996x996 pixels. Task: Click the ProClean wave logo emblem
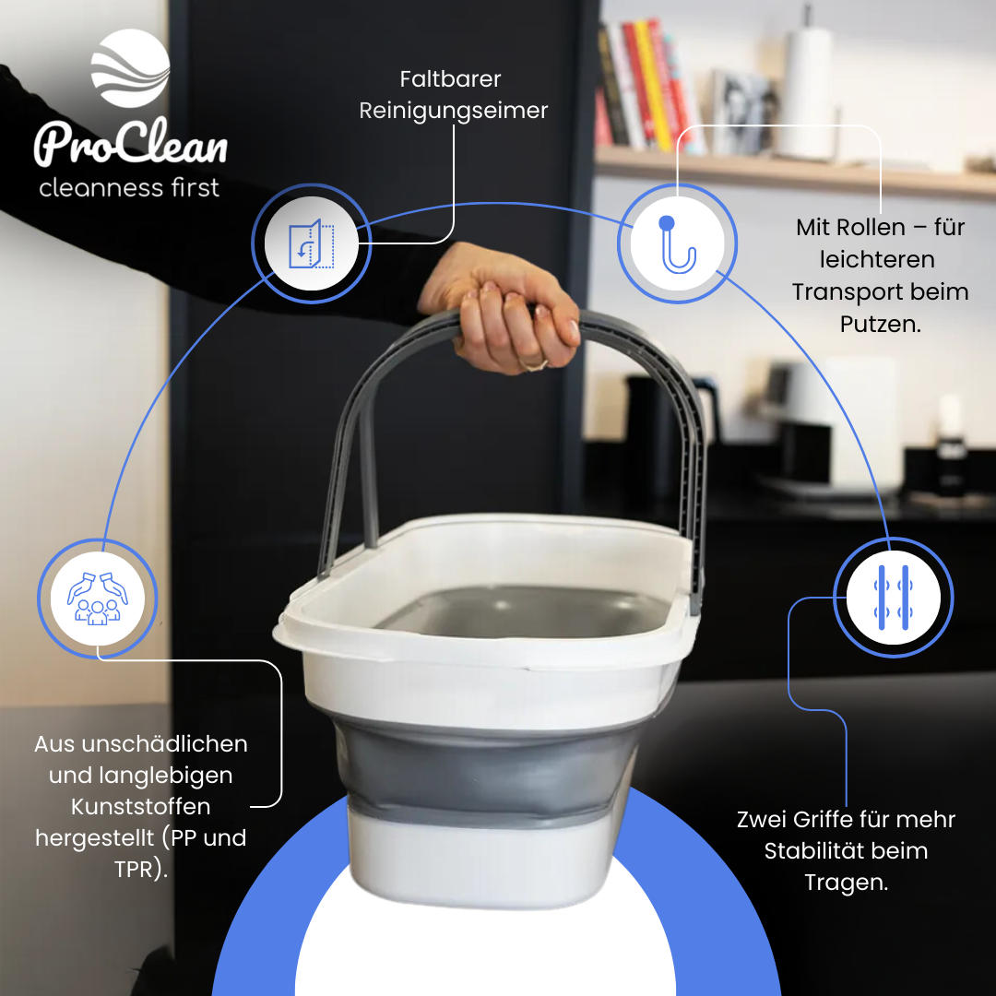130,68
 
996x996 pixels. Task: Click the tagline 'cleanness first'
129,188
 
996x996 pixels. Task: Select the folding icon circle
311,243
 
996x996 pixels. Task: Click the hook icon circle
677,243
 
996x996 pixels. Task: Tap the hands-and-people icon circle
98,599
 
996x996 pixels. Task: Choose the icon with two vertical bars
893,598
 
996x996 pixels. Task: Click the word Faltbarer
452,79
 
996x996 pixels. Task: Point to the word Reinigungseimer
453,111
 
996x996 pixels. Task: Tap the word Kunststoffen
141,807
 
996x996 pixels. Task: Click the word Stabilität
846,850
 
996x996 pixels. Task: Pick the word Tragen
846,882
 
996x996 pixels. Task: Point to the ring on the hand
534,364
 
